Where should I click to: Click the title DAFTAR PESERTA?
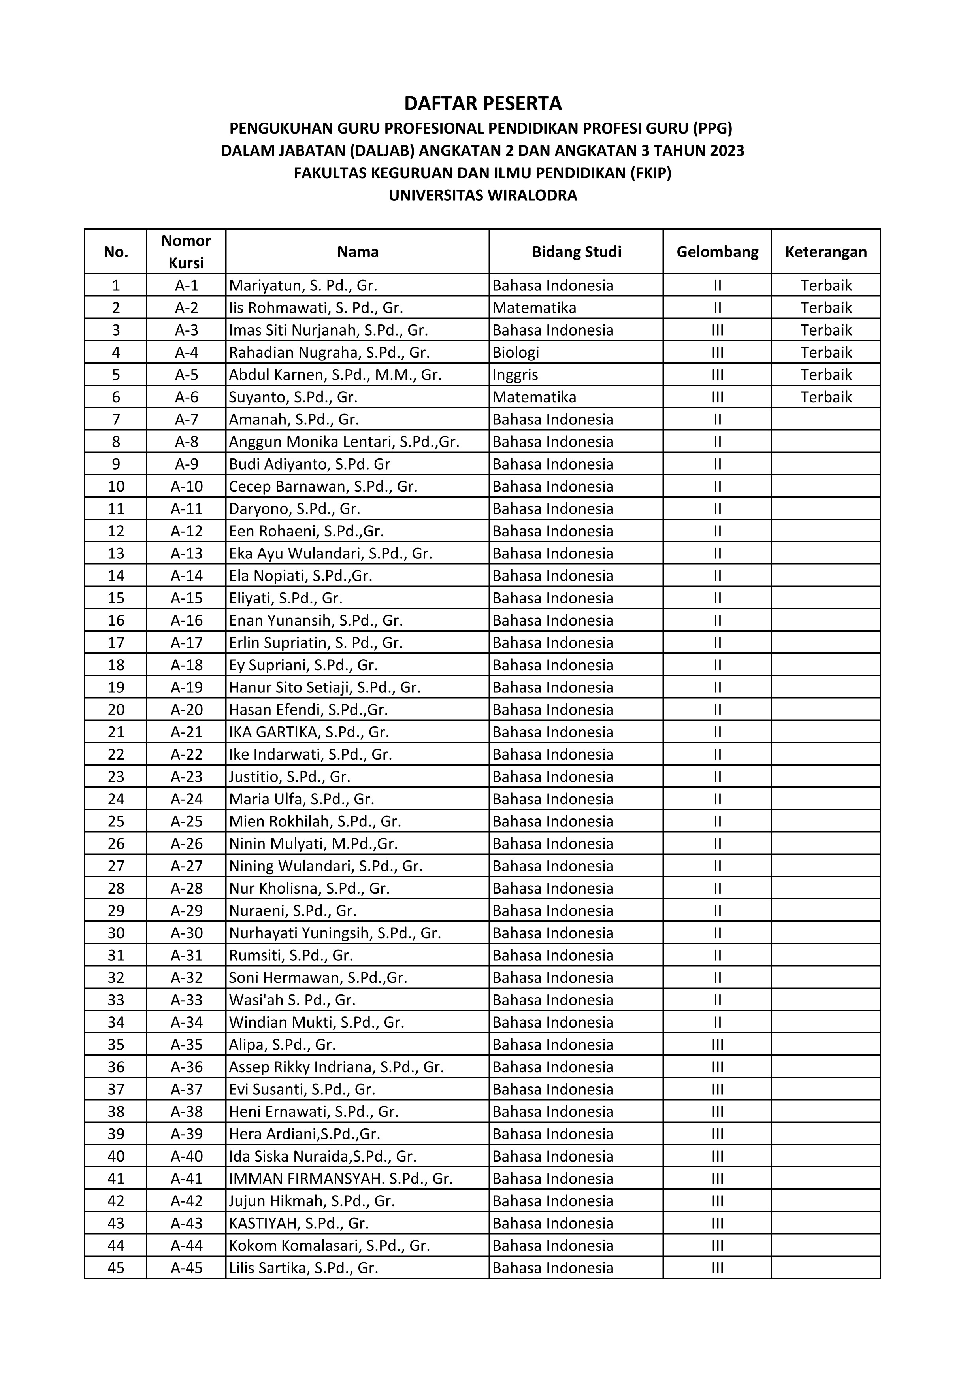483,104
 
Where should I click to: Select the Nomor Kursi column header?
186,252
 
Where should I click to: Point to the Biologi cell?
516,353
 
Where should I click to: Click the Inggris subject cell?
515,375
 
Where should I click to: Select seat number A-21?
187,732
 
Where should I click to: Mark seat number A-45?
187,1268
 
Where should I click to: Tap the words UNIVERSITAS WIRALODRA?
483,196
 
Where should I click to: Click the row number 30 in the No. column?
116,933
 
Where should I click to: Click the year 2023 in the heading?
727,150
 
